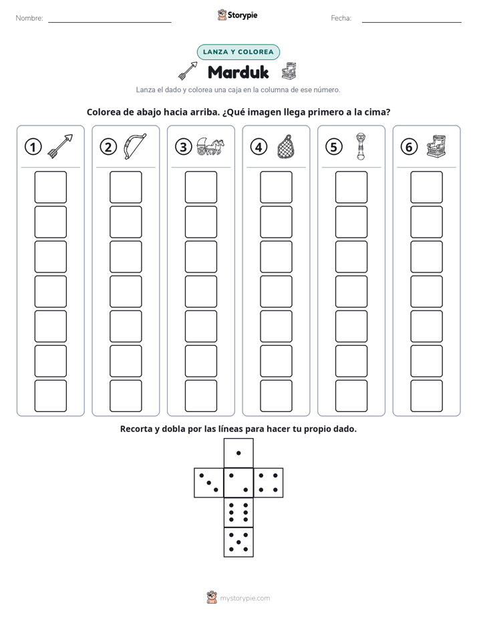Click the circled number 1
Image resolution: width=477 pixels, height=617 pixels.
(x=33, y=147)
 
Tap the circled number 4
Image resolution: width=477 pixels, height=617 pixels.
(x=259, y=147)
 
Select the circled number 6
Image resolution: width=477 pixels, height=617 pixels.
(x=409, y=147)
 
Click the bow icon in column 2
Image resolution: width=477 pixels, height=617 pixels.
(x=134, y=146)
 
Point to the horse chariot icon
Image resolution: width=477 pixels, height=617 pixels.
(x=210, y=146)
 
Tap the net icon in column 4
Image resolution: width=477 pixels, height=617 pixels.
(x=285, y=146)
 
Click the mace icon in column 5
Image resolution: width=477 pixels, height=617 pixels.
(x=360, y=146)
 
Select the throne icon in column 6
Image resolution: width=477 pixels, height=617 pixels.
(x=436, y=146)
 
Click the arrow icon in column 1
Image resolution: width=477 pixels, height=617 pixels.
(x=60, y=146)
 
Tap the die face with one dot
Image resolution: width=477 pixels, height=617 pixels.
(x=238, y=453)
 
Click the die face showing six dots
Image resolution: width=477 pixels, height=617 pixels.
(x=238, y=512)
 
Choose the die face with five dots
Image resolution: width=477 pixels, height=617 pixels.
(x=238, y=542)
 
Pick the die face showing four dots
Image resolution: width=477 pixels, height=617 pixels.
(x=269, y=483)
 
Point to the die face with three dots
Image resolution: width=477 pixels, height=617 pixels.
(x=209, y=483)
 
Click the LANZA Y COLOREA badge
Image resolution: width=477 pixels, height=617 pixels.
(x=238, y=52)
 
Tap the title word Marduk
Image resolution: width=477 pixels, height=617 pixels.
(x=238, y=72)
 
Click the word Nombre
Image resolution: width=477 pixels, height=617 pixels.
(x=29, y=18)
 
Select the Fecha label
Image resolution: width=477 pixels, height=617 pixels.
(x=341, y=18)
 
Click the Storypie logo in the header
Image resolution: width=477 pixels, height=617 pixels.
(x=237, y=15)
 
